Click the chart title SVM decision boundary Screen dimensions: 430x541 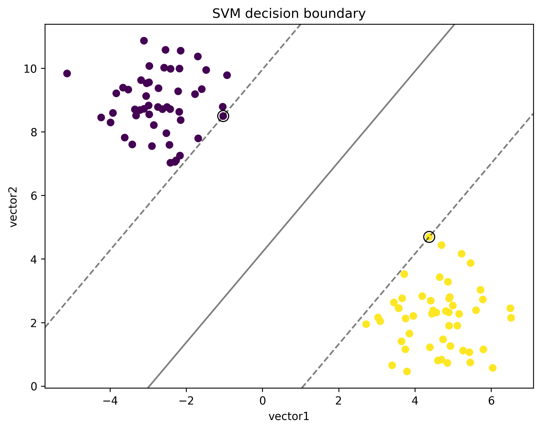coord(289,14)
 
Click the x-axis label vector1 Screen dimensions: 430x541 coord(289,417)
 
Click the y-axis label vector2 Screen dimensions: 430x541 coord(13,207)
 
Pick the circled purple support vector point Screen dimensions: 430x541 coord(223,116)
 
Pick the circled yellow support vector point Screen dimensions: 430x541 coord(429,237)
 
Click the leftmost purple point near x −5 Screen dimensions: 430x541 coord(67,73)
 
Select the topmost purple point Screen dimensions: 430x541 coord(144,40)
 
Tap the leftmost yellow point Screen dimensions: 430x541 coord(366,324)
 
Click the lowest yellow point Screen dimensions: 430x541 coord(407,371)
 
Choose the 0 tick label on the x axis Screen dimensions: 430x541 coord(262,401)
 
